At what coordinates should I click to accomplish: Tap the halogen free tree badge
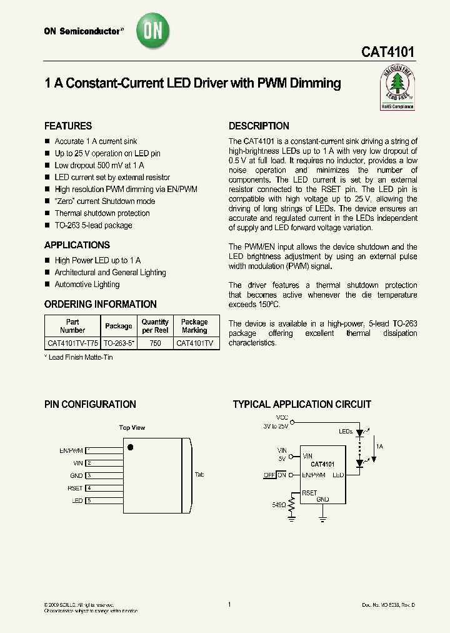[x=397, y=88]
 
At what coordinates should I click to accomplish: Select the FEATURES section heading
[x=68, y=126]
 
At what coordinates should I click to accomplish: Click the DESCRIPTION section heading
[x=259, y=126]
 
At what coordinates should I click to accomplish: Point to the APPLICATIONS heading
[x=77, y=245]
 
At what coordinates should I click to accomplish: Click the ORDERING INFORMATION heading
[x=101, y=304]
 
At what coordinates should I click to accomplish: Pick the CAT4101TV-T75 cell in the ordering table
[x=72, y=343]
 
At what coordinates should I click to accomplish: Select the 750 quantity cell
[x=155, y=343]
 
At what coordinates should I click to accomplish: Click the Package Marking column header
[x=194, y=326]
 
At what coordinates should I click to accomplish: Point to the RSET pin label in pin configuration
[x=75, y=488]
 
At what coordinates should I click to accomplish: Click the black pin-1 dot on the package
[x=131, y=447]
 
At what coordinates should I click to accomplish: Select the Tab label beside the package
[x=199, y=475]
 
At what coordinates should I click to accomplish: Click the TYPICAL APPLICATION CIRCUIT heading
[x=302, y=405]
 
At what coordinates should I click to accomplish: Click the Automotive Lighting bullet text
[x=87, y=285]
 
